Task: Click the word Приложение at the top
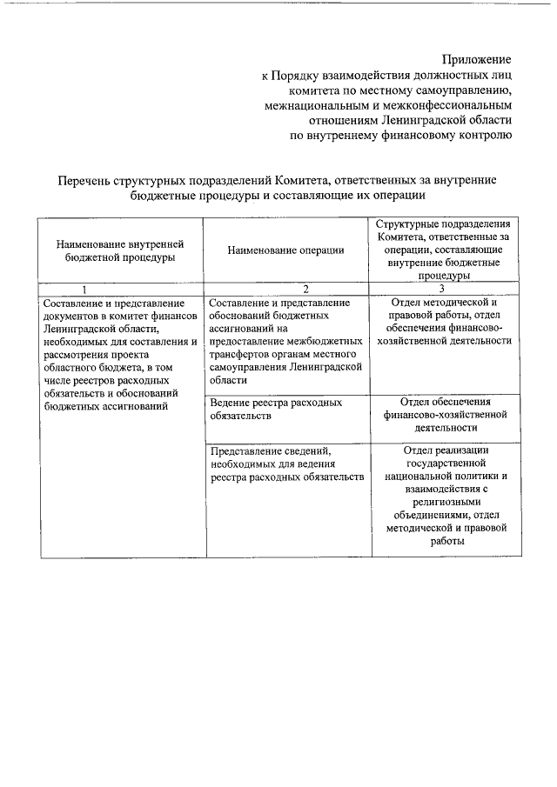click(476, 59)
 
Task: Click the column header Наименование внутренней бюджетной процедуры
click(121, 250)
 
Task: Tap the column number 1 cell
click(84, 289)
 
